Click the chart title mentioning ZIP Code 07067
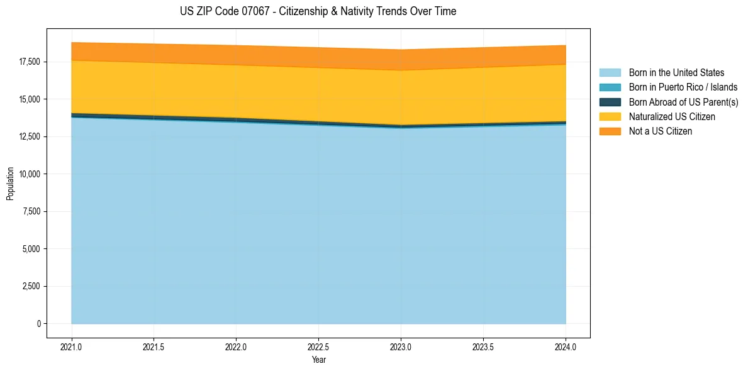318,11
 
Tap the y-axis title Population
10,184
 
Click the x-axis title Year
318,360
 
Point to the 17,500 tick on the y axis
30,62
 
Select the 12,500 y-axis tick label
30,136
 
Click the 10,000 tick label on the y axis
30,174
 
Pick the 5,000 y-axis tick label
31,249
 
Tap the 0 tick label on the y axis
39,324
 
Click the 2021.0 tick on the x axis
72,346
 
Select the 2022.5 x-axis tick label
318,346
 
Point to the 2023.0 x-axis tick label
401,346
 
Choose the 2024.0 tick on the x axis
566,346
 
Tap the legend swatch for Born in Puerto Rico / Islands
610,87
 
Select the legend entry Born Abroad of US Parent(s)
683,102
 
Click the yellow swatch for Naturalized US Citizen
610,117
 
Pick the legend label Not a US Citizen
660,131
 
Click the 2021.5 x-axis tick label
154,346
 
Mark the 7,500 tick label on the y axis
31,211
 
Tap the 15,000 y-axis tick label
30,99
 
